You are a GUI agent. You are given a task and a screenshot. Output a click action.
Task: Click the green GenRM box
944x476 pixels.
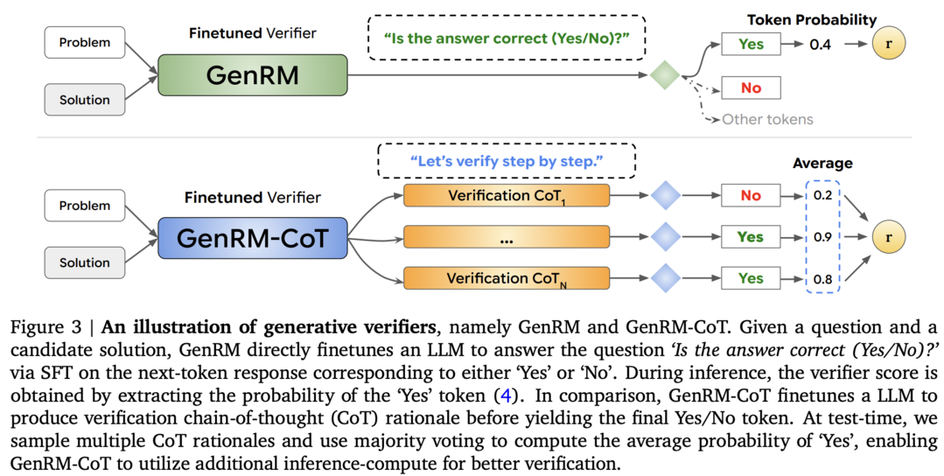tap(252, 75)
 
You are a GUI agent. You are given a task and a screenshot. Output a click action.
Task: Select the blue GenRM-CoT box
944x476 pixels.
tap(252, 238)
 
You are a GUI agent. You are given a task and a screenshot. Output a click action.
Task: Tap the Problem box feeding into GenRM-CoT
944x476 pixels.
tap(85, 206)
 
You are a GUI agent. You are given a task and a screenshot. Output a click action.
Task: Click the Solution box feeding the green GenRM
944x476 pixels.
tap(85, 100)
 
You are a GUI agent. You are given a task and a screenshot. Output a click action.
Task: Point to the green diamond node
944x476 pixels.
tap(665, 75)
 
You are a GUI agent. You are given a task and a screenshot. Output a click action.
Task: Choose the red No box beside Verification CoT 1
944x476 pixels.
tap(751, 196)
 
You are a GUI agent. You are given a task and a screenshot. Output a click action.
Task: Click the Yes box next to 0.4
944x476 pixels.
tap(751, 44)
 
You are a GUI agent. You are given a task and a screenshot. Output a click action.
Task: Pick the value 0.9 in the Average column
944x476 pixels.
tap(822, 237)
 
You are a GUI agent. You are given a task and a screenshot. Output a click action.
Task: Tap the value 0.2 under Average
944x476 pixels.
tap(822, 196)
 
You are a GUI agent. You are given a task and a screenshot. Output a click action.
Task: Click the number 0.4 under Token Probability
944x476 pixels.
tap(821, 44)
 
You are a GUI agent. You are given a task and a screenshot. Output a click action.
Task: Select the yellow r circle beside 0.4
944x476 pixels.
tap(889, 44)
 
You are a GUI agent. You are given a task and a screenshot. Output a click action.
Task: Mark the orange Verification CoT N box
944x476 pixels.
tap(507, 278)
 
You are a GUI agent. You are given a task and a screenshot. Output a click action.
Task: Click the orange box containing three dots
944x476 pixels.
tap(507, 237)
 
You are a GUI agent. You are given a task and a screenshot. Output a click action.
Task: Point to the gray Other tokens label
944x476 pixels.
tap(767, 119)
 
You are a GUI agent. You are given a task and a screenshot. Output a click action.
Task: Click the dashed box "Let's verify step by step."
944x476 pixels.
tap(507, 161)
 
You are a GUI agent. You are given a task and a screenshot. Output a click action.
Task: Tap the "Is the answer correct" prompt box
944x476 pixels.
tap(507, 38)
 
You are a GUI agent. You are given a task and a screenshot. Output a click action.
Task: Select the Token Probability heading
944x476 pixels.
tap(812, 20)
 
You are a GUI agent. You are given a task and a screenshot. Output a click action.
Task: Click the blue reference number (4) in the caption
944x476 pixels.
tap(506, 396)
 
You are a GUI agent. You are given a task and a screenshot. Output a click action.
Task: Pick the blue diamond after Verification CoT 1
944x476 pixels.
tap(665, 196)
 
